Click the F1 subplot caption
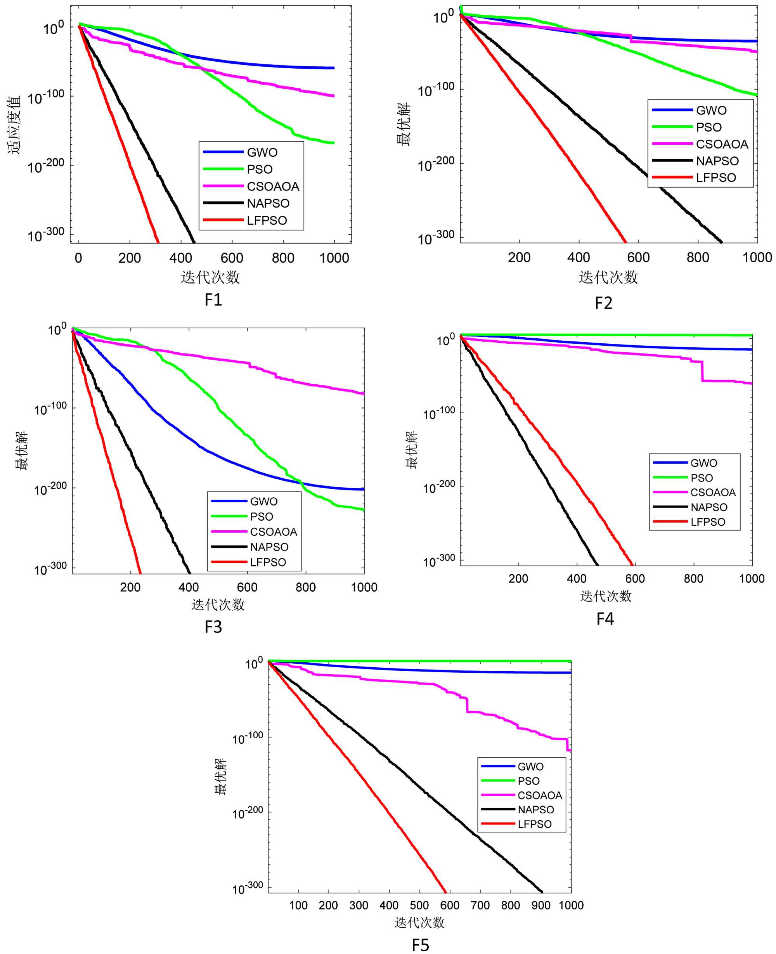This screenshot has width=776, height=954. [213, 300]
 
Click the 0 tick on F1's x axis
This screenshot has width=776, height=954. [79, 258]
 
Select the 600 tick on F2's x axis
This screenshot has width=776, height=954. [638, 257]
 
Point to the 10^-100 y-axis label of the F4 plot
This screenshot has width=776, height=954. [439, 413]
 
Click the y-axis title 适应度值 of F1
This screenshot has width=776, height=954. [14, 125]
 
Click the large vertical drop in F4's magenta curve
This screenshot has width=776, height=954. [702, 371]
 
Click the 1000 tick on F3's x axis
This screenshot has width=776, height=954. [364, 587]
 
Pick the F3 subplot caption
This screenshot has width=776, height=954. [213, 627]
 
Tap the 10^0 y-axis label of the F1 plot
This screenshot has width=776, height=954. [53, 28]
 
